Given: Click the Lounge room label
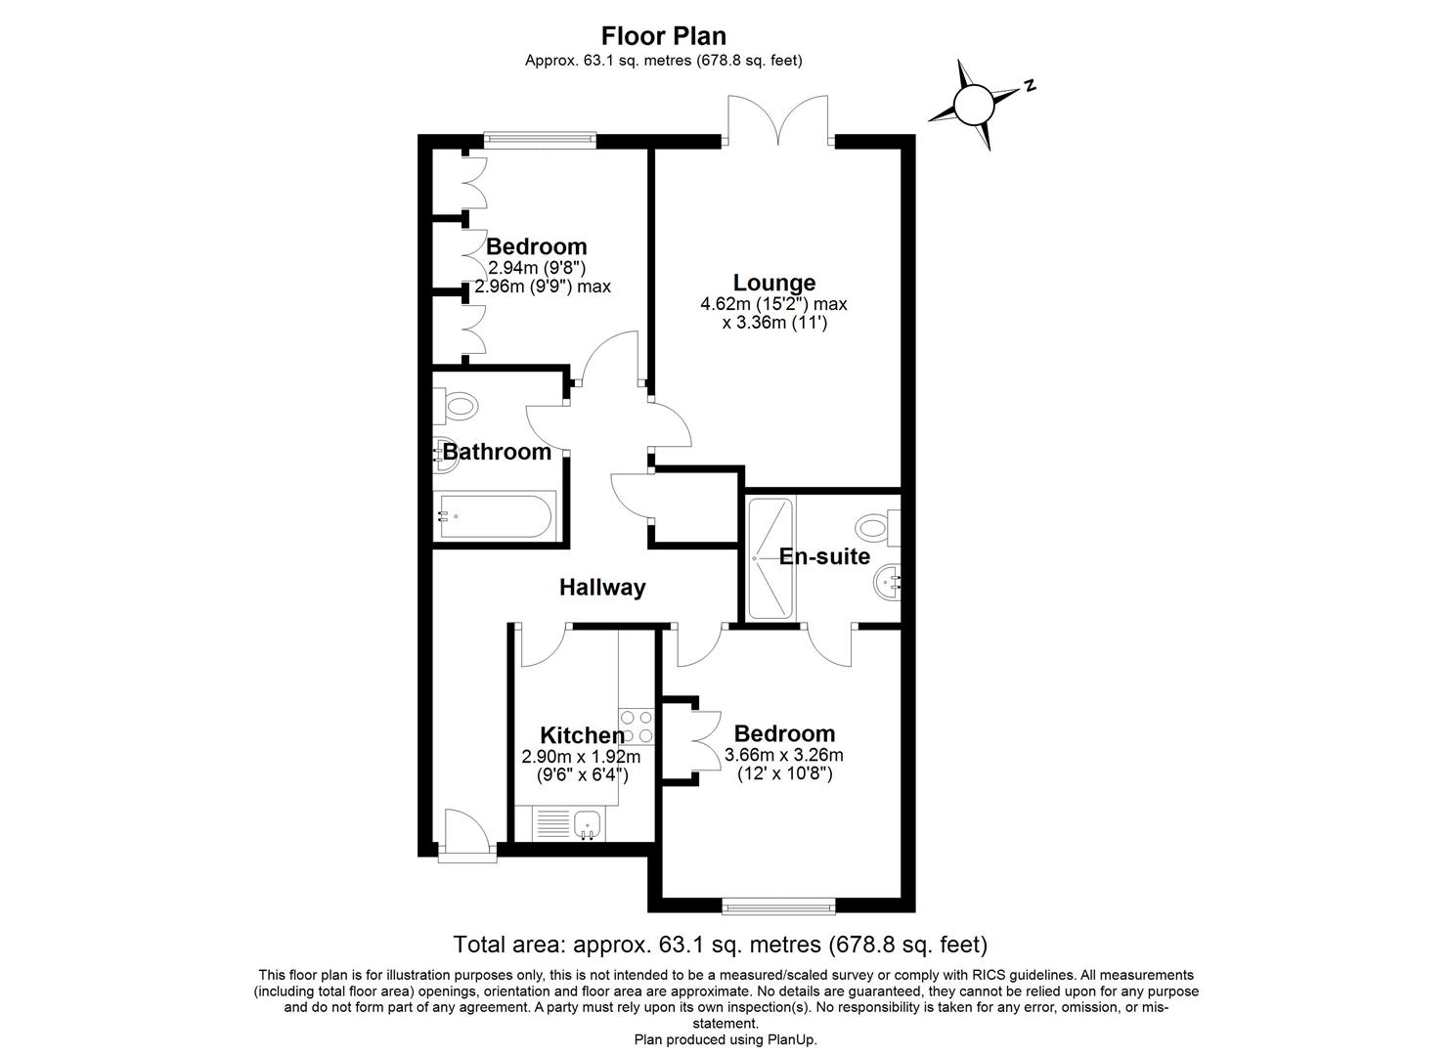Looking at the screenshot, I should click(774, 283).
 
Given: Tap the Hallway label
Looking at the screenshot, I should click(602, 587).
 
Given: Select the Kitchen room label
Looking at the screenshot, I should click(582, 735).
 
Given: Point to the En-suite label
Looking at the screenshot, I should click(824, 556).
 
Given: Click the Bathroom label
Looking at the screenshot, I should click(497, 452).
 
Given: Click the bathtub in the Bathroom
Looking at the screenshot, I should click(495, 515).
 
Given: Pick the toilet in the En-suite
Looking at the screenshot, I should click(875, 528).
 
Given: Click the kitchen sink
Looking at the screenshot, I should click(590, 824).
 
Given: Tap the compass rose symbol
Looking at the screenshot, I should click(973, 105).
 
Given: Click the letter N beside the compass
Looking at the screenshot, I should click(1029, 86).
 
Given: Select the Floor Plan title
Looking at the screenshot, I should click(664, 36).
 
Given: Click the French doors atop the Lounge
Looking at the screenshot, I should click(778, 119).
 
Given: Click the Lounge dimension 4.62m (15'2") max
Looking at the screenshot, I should click(773, 304).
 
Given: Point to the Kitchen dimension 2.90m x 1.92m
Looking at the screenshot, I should click(582, 757).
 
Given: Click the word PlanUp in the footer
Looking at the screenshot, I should click(791, 1039).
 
